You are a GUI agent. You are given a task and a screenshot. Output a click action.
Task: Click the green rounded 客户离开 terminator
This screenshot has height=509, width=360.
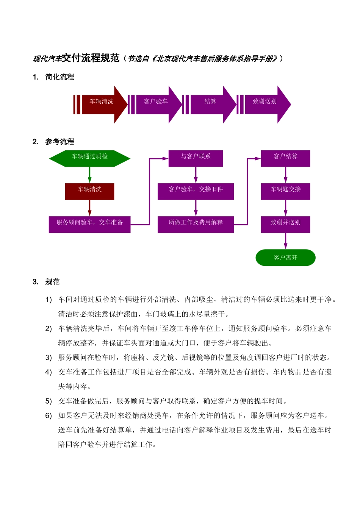click(285, 258)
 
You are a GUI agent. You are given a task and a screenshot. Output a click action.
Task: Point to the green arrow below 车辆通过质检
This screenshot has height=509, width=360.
click(90, 175)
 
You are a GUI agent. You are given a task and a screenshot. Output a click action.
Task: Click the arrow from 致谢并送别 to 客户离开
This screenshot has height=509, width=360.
click(285, 241)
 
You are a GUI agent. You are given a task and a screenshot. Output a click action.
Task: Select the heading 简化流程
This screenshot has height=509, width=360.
click(60, 77)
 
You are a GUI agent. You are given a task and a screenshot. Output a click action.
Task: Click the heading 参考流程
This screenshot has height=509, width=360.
click(60, 142)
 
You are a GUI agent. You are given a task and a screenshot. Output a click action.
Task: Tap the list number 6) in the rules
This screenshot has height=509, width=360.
click(49, 415)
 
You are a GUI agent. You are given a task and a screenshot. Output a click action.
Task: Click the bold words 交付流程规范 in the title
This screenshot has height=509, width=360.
click(91, 58)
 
